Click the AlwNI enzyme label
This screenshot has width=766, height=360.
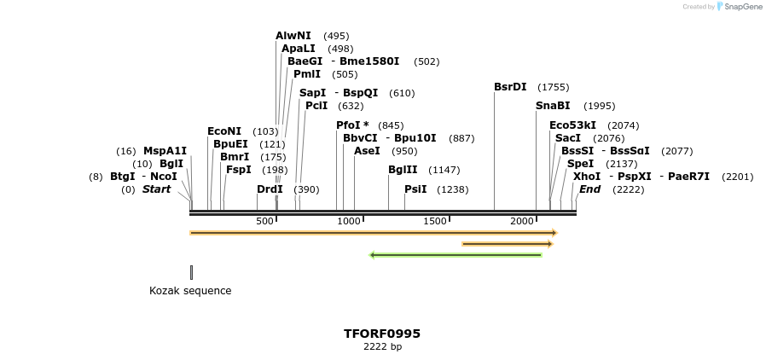pos(293,36)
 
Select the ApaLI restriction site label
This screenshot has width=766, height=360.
pos(298,49)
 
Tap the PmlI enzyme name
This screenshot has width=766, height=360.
pos(307,74)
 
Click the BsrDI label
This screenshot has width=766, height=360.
pos(510,87)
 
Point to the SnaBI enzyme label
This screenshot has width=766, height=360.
pos(553,106)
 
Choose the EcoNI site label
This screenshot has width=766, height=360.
pos(224,131)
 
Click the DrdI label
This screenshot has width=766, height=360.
pos(270,189)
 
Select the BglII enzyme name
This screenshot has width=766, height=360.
pos(403,170)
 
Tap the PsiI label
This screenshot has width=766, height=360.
pos(415,189)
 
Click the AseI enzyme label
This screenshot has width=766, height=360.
pos(367,151)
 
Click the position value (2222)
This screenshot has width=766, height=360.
pos(628,189)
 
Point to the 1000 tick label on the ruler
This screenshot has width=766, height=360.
pos(349,222)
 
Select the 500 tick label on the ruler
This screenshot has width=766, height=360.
pos(264,222)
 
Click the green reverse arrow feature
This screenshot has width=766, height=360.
pos(456,254)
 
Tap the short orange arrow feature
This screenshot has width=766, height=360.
pos(507,244)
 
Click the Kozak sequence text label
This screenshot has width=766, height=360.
pos(190,290)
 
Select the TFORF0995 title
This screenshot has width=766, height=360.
pos(382,334)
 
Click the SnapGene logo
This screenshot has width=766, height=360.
pos(739,7)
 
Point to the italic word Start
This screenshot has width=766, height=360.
pos(156,189)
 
